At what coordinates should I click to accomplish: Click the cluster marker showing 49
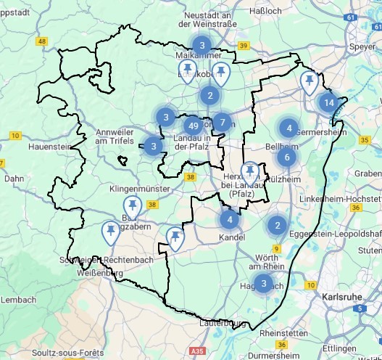click(193, 123)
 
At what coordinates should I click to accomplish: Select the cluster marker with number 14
click(329, 102)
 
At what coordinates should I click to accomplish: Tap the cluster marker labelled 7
click(223, 122)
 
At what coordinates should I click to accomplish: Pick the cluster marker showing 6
click(287, 157)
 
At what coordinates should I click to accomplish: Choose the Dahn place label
click(14, 178)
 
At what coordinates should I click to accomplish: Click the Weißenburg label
click(101, 273)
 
